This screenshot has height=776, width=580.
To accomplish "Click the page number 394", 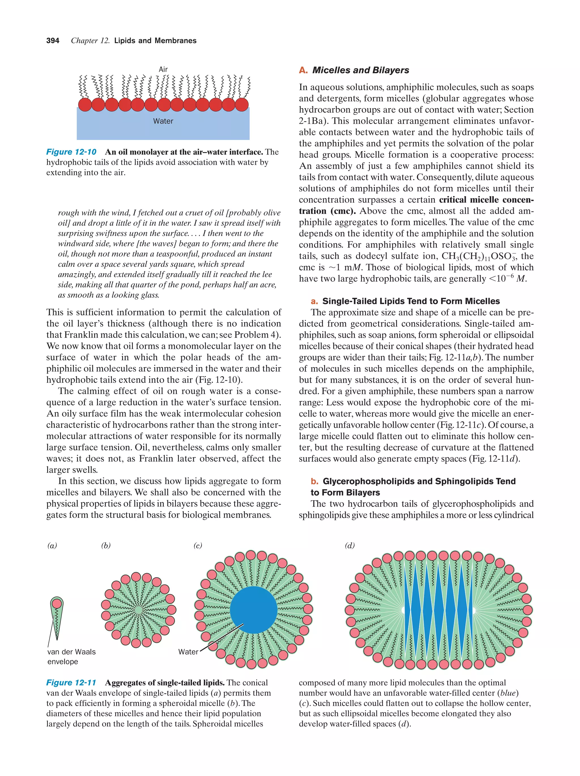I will point(53,41).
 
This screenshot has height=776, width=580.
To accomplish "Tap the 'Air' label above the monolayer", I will point(163,69).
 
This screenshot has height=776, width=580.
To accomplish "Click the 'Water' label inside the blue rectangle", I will point(163,121).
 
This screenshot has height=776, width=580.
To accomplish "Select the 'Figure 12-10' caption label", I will point(71,152).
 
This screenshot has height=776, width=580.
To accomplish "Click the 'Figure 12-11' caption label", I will point(71,682).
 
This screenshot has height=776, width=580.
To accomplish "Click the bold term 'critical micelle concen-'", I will point(486,200).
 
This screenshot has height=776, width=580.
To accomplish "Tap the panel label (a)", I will point(52,546).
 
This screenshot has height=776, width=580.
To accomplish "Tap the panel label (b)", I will point(106,546).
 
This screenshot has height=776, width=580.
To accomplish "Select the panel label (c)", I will point(198,546).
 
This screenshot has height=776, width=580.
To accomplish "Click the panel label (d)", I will point(349,546).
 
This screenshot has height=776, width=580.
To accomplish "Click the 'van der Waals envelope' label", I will point(71,657).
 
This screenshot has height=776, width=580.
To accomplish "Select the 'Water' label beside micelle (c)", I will point(188,652).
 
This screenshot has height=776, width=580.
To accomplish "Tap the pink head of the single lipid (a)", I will point(56,603).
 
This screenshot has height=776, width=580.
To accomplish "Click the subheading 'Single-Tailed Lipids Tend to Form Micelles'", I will point(411,301).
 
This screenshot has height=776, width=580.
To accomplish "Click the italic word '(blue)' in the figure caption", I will point(508,693).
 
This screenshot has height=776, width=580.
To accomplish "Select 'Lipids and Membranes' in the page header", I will point(155,41).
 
